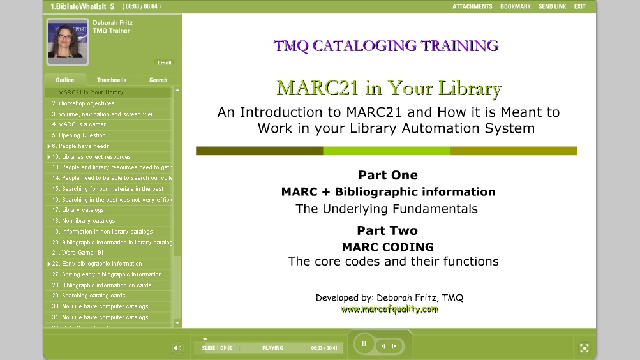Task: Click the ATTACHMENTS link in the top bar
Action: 472,6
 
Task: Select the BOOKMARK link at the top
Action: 515,6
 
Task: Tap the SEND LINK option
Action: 552,6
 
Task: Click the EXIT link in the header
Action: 579,6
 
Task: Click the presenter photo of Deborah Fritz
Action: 67,41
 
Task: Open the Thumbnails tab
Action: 112,80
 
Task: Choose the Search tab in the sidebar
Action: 158,80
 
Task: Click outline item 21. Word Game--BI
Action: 77,253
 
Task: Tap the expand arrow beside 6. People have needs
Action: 49,146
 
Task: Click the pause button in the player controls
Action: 364,344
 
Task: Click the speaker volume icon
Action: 177,348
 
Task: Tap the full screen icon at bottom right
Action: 584,348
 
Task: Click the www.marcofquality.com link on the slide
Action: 389,310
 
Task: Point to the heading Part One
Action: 388,175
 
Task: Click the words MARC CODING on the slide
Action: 387,247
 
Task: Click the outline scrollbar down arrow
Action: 177,323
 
